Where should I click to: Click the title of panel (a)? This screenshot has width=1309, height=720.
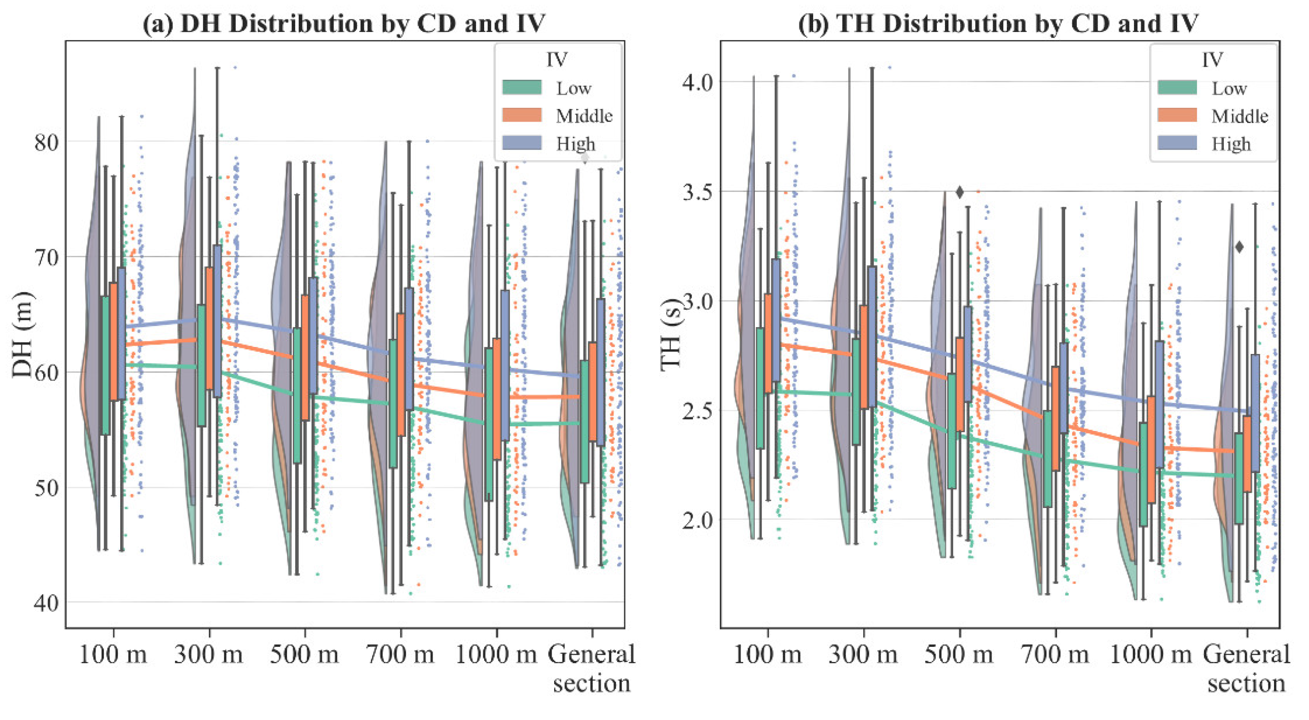[x=344, y=24]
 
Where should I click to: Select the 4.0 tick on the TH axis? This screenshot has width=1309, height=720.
[x=698, y=82]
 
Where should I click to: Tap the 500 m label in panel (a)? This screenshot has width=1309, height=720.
[x=304, y=654]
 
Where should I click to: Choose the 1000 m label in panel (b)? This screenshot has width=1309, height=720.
[x=1150, y=654]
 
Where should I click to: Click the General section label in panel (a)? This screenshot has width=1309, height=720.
[x=591, y=668]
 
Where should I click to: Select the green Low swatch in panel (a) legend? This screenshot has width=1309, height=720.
[x=522, y=87]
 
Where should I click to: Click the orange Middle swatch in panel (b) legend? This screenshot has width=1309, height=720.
[x=1177, y=116]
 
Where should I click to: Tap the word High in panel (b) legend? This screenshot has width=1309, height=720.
[x=1231, y=144]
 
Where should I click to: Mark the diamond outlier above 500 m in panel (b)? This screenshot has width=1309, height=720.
[x=959, y=192]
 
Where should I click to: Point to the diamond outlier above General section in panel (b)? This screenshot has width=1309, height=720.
[x=1239, y=247]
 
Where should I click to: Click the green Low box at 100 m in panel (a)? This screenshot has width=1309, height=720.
[x=105, y=365]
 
